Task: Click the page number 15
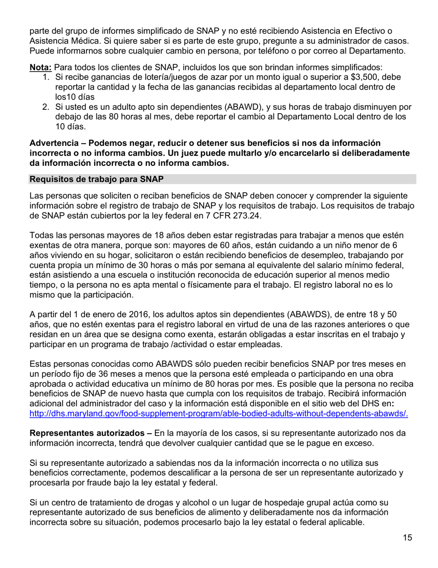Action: pos(407,538)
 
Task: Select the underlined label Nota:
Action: pos(41,67)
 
